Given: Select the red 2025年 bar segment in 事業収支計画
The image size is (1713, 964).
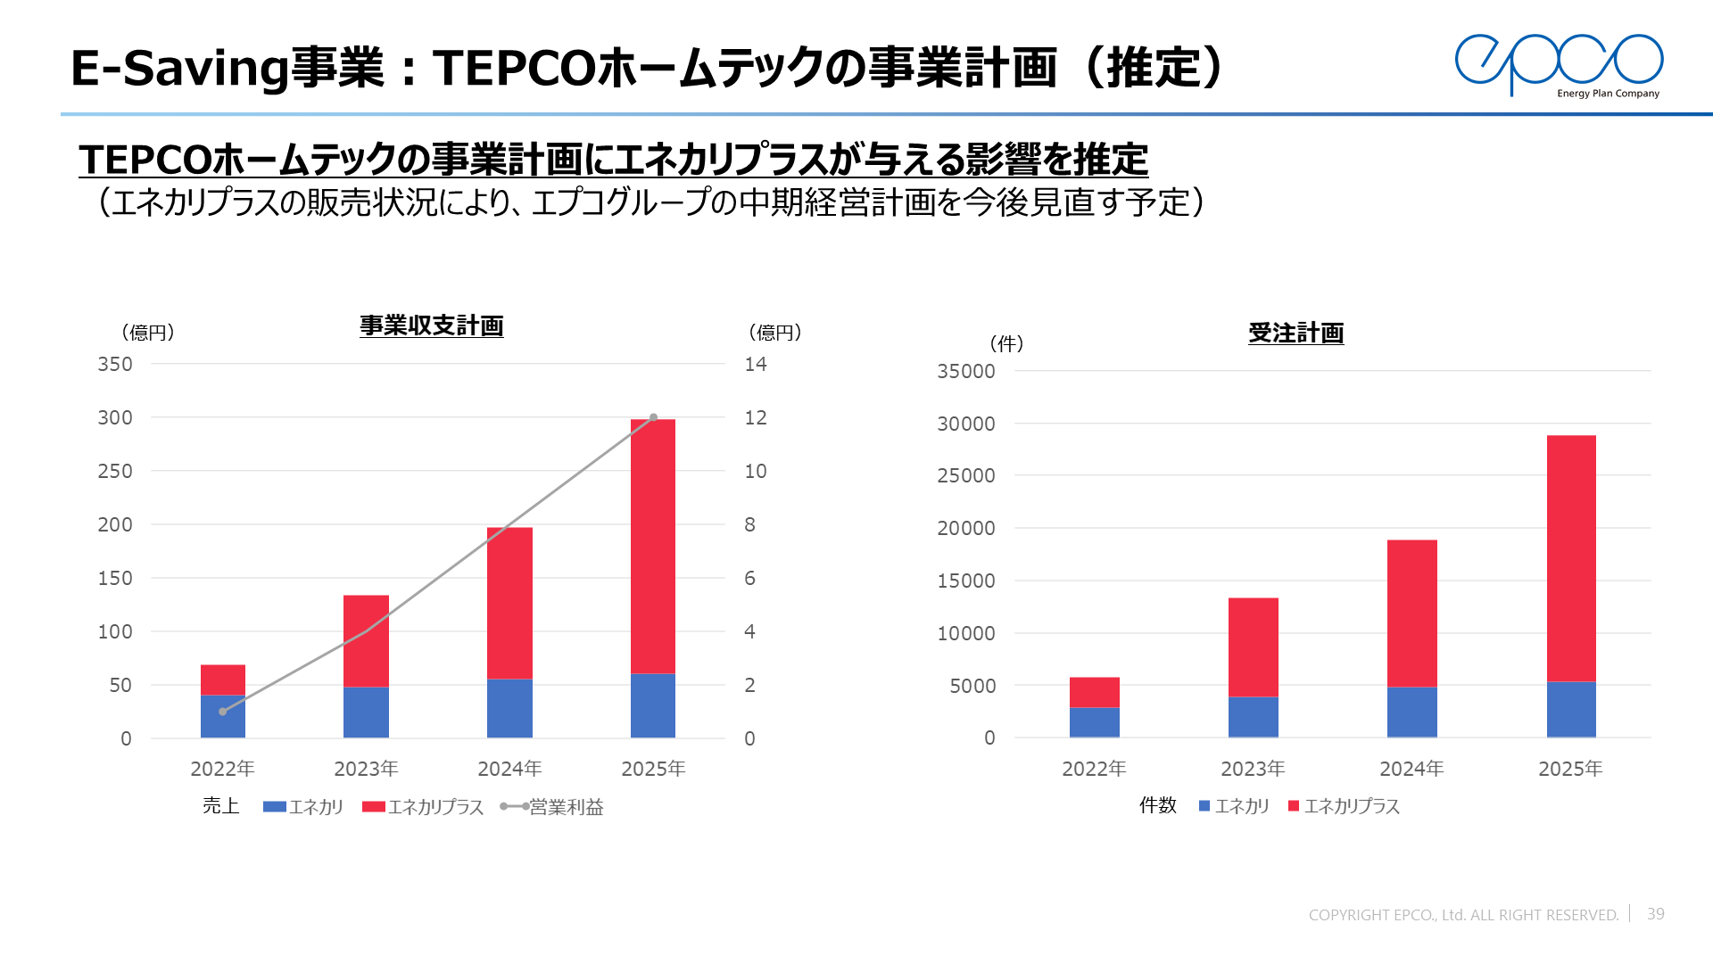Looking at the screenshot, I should pyautogui.click(x=652, y=546).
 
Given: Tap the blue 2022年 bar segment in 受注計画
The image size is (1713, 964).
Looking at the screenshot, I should pyautogui.click(x=1094, y=722).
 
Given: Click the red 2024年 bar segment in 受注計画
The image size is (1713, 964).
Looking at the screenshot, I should pyautogui.click(x=1411, y=613).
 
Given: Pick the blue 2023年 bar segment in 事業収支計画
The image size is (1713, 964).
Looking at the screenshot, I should pyautogui.click(x=366, y=712).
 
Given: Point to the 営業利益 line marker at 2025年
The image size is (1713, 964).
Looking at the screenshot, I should pyautogui.click(x=653, y=417).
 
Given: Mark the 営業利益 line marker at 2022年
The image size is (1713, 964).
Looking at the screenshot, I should pyautogui.click(x=222, y=712).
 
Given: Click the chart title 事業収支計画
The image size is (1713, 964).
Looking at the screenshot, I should pyautogui.click(x=431, y=326).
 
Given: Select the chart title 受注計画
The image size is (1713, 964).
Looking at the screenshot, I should pyautogui.click(x=1295, y=334).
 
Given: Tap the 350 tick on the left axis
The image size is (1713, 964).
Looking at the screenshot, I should pyautogui.click(x=115, y=364).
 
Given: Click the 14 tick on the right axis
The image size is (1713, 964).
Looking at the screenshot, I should pyautogui.click(x=756, y=364).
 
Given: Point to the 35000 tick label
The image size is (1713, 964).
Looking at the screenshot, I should pyautogui.click(x=965, y=371).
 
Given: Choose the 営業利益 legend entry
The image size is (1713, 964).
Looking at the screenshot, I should pyautogui.click(x=552, y=807).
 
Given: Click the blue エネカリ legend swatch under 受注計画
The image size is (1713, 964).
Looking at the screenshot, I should pyautogui.click(x=1204, y=806).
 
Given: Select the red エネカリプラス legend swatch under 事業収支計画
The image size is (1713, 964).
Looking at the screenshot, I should pyautogui.click(x=373, y=807).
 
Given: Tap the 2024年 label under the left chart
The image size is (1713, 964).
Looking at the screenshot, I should pyautogui.click(x=509, y=769).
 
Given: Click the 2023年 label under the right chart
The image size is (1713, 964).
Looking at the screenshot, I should pyautogui.click(x=1253, y=769).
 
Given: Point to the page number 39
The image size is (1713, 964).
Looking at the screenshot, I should pyautogui.click(x=1655, y=914).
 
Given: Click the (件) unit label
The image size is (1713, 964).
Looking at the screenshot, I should pyautogui.click(x=1006, y=343).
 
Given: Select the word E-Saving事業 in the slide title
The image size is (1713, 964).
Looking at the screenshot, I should pyautogui.click(x=227, y=68).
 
